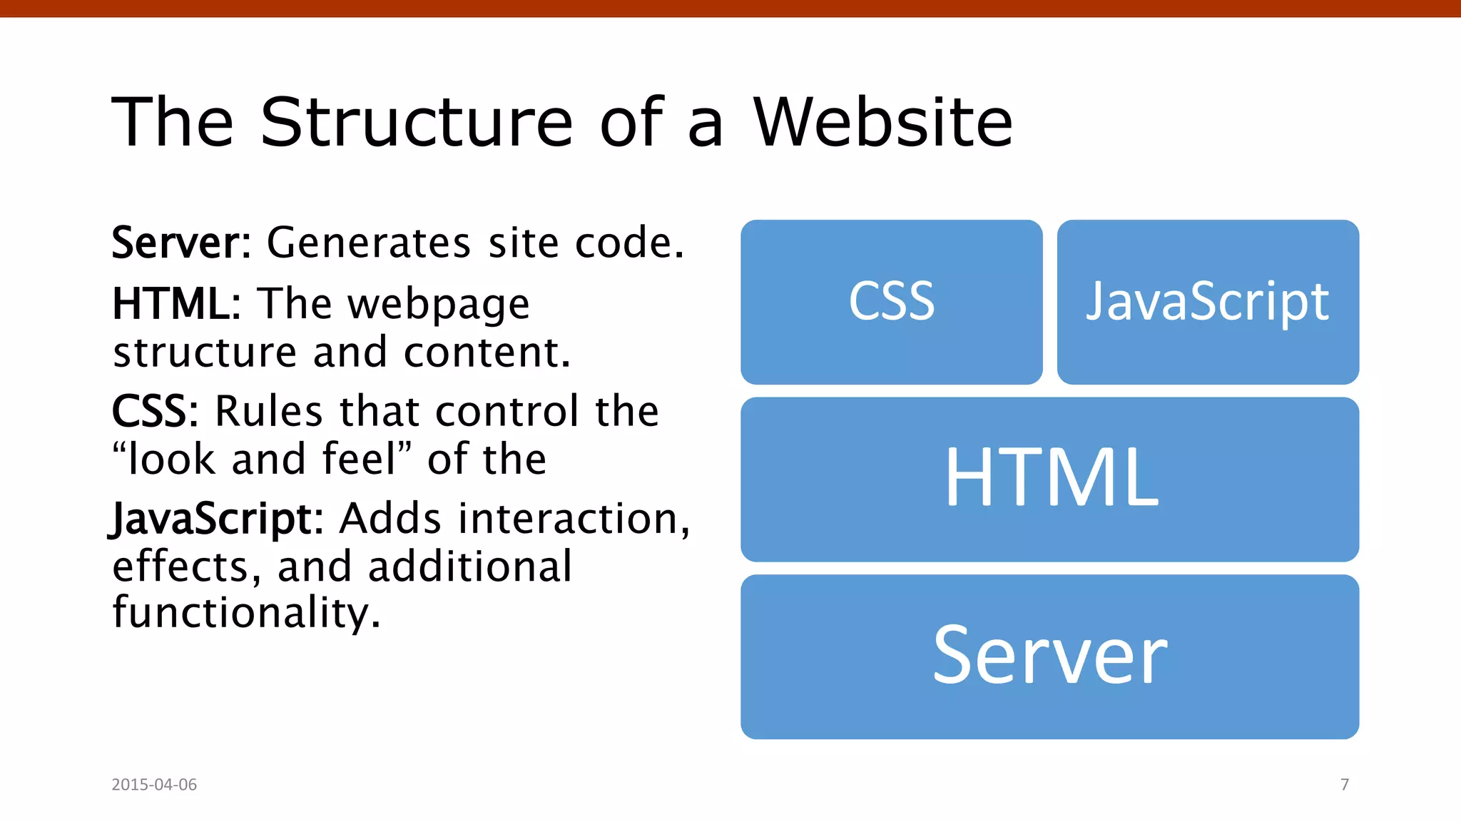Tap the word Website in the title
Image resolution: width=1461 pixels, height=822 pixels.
tap(882, 123)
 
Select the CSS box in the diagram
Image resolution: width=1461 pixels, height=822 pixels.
tap(891, 302)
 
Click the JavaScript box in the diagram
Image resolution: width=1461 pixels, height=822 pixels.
tap(1208, 302)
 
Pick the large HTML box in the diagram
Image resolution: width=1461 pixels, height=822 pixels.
tap(1049, 479)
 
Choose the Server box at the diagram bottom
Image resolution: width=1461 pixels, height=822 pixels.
tap(1049, 656)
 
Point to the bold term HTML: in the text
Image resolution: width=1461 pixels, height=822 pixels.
tap(176, 305)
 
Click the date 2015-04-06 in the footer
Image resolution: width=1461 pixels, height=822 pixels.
tap(154, 784)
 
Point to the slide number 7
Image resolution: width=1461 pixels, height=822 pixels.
tap(1345, 784)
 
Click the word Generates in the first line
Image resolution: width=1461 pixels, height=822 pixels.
tap(369, 243)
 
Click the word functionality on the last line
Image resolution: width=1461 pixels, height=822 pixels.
tap(246, 614)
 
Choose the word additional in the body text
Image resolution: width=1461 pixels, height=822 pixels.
tap(470, 567)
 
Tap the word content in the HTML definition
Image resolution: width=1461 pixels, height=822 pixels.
tap(487, 353)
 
